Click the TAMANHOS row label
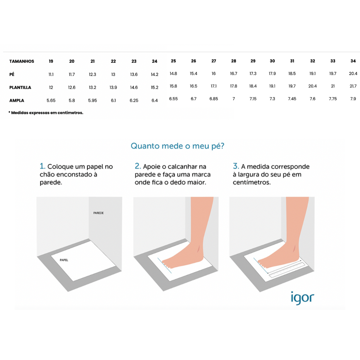point(22,61)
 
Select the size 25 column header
point(173,61)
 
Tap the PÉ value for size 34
point(353,73)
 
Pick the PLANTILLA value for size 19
point(51,87)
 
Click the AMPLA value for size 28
point(233,99)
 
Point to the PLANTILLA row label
point(20,87)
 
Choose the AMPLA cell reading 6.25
point(134,101)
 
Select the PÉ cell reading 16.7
point(233,73)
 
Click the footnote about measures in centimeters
point(46,113)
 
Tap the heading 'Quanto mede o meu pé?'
point(177,146)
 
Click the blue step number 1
point(42,166)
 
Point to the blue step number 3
point(236,166)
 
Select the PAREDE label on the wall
point(98,213)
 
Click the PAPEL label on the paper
point(64,260)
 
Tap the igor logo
point(302,298)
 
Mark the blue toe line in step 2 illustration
point(164,265)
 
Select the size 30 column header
point(272,61)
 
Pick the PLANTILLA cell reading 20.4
point(312,86)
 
